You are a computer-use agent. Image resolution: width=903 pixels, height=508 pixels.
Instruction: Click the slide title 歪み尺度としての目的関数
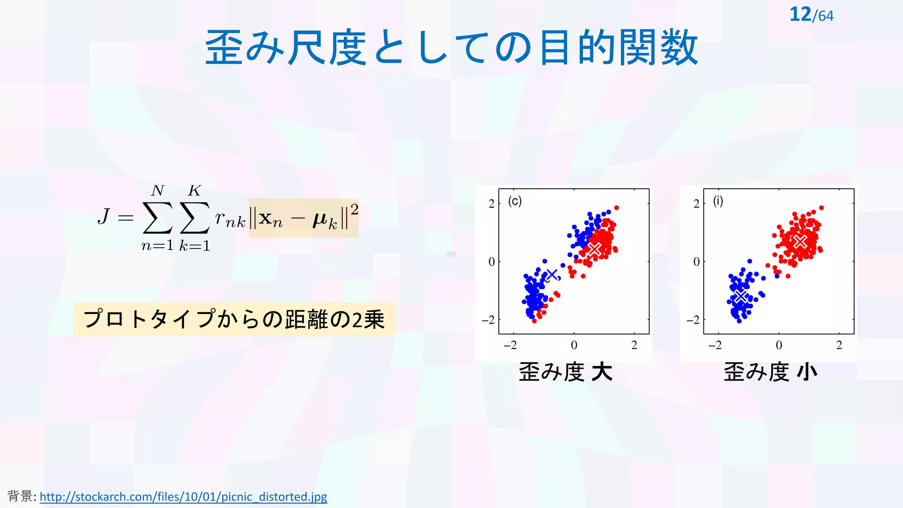[451, 48]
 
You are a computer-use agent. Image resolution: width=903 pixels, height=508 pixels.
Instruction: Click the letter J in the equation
[104, 217]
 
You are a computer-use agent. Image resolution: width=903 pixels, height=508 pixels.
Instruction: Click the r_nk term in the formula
[230, 219]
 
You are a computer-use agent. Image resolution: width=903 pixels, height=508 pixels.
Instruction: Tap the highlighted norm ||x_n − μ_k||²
[303, 218]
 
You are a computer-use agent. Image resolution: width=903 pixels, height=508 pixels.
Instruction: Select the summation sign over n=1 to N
[157, 218]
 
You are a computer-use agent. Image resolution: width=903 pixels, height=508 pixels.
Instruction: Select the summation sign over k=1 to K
[194, 218]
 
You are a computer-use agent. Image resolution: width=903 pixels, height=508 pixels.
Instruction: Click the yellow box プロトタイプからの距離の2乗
[234, 319]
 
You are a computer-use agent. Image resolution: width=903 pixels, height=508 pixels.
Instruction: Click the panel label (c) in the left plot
[515, 201]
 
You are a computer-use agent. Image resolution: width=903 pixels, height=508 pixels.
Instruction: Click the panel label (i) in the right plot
[718, 201]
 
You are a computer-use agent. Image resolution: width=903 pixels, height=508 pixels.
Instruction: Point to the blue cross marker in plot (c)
[552, 275]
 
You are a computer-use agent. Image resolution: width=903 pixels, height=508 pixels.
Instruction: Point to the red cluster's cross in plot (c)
[595, 249]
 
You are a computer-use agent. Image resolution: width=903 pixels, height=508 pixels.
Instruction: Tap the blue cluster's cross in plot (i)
[741, 296]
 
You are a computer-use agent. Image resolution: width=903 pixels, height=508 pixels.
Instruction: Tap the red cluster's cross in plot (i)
[800, 241]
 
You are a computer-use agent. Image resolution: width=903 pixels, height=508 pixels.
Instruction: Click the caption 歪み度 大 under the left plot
[565, 372]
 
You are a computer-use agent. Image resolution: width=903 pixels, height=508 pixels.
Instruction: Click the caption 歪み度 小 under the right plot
[770, 372]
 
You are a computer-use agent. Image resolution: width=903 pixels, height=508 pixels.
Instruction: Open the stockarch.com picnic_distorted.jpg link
[183, 497]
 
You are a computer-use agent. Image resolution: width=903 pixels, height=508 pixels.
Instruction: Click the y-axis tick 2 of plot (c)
[491, 204]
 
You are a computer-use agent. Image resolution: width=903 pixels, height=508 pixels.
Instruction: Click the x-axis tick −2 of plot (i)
[715, 345]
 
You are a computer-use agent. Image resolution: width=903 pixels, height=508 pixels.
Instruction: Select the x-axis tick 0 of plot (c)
[574, 345]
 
